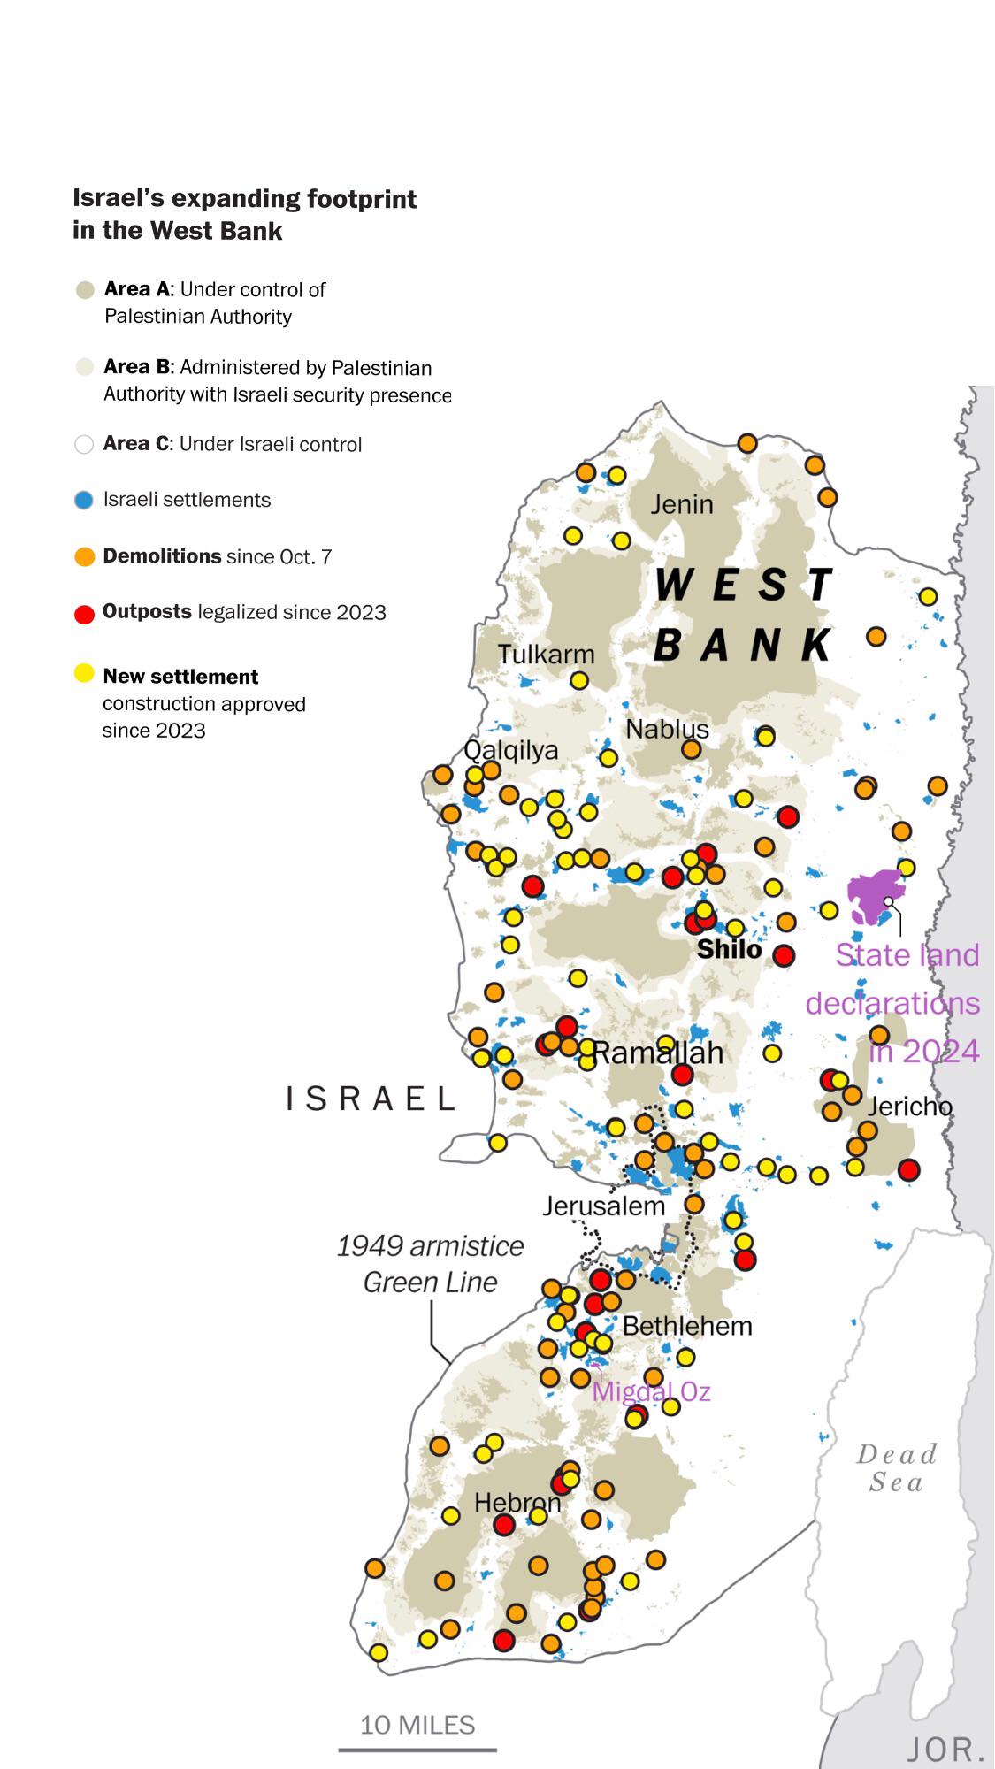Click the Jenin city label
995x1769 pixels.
click(681, 504)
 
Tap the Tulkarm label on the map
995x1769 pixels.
click(546, 655)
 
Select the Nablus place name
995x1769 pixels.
click(667, 730)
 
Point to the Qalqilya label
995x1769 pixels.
click(511, 750)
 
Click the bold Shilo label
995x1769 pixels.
click(729, 950)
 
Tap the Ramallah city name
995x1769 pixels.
click(657, 1053)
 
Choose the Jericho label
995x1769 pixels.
click(909, 1107)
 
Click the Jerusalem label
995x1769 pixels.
click(603, 1206)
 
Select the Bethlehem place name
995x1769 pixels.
click(687, 1326)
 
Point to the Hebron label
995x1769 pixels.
click(517, 1502)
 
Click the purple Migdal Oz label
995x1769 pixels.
click(651, 1392)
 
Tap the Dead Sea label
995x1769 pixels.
click(896, 1468)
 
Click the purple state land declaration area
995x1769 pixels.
click(872, 895)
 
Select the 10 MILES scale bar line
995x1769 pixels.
click(417, 1750)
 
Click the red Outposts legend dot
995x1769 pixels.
click(84, 614)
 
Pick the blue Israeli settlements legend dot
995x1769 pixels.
click(84, 501)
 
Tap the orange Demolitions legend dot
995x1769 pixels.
click(84, 557)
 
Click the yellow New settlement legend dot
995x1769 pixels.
click(84, 674)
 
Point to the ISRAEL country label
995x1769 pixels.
click(370, 1099)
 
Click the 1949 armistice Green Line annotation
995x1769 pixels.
click(430, 1264)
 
